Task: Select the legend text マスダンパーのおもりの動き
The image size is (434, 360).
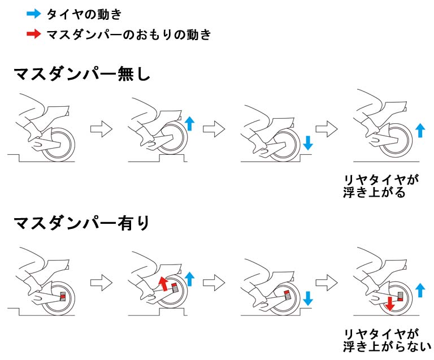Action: point(131,34)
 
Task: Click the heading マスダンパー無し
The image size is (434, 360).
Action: point(81,75)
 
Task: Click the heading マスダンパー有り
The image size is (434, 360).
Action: point(81,223)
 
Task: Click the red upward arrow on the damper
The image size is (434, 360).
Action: point(164,282)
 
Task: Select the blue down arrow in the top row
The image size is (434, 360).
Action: point(307,142)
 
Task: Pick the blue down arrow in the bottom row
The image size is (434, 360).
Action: point(307,296)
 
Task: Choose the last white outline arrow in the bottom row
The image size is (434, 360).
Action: point(327,281)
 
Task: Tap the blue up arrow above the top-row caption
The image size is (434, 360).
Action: point(419,131)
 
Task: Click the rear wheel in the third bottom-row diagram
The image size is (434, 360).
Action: point(283,297)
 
